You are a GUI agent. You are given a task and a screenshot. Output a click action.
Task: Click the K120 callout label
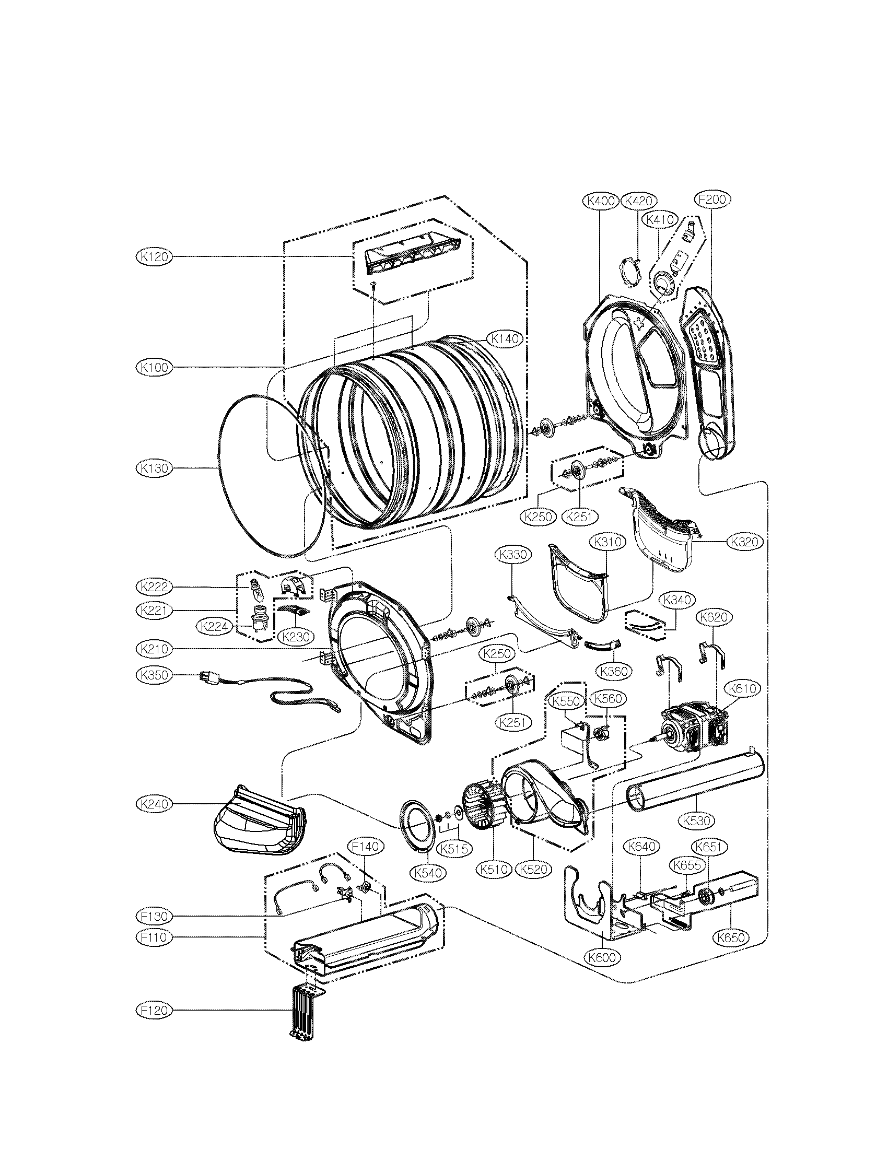[x=153, y=257]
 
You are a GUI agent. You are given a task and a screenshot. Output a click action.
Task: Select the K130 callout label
[x=153, y=468]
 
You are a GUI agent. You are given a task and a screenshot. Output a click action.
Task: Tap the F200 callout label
[x=714, y=200]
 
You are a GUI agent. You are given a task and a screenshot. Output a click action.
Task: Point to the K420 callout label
[x=639, y=201]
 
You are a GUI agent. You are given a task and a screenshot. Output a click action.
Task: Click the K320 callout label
[x=745, y=541]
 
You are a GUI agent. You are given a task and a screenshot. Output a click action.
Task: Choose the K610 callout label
[x=742, y=688]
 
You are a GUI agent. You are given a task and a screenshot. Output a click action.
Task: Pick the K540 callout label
[x=428, y=873]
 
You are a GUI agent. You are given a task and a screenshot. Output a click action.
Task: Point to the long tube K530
[x=694, y=784]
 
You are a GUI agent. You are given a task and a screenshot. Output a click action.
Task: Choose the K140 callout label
[x=505, y=339]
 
